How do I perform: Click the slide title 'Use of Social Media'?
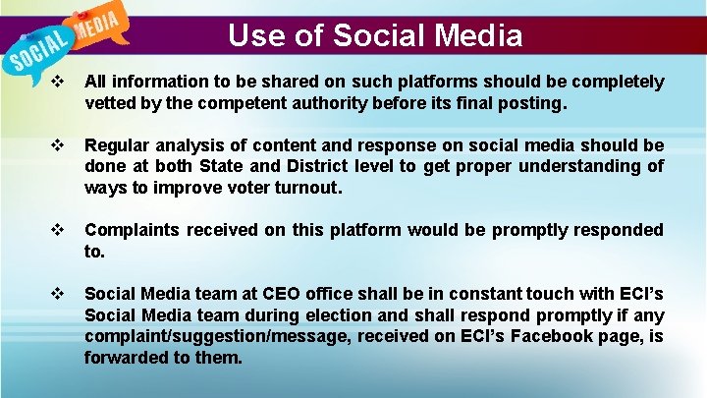375,36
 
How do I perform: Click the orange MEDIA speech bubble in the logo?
95,24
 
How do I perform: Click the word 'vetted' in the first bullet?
110,101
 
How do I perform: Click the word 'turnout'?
305,187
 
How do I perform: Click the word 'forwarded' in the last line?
126,358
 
